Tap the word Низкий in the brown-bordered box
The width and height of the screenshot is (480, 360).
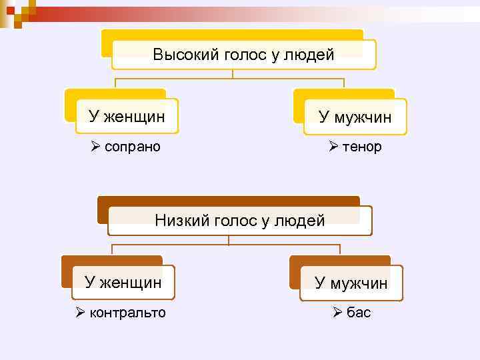pos(181,220)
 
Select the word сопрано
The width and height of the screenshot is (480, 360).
pos(133,146)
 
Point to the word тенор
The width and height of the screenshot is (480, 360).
pos(362,146)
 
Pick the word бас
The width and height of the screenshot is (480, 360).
pos(359,313)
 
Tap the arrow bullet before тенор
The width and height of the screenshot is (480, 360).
pos(334,146)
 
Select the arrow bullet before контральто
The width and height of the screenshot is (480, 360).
pos(80,313)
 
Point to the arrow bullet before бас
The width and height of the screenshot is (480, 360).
pos(337,313)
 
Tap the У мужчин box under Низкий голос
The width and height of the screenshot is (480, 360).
pos(351,283)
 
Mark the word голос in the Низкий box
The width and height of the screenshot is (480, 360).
pos(237,220)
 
